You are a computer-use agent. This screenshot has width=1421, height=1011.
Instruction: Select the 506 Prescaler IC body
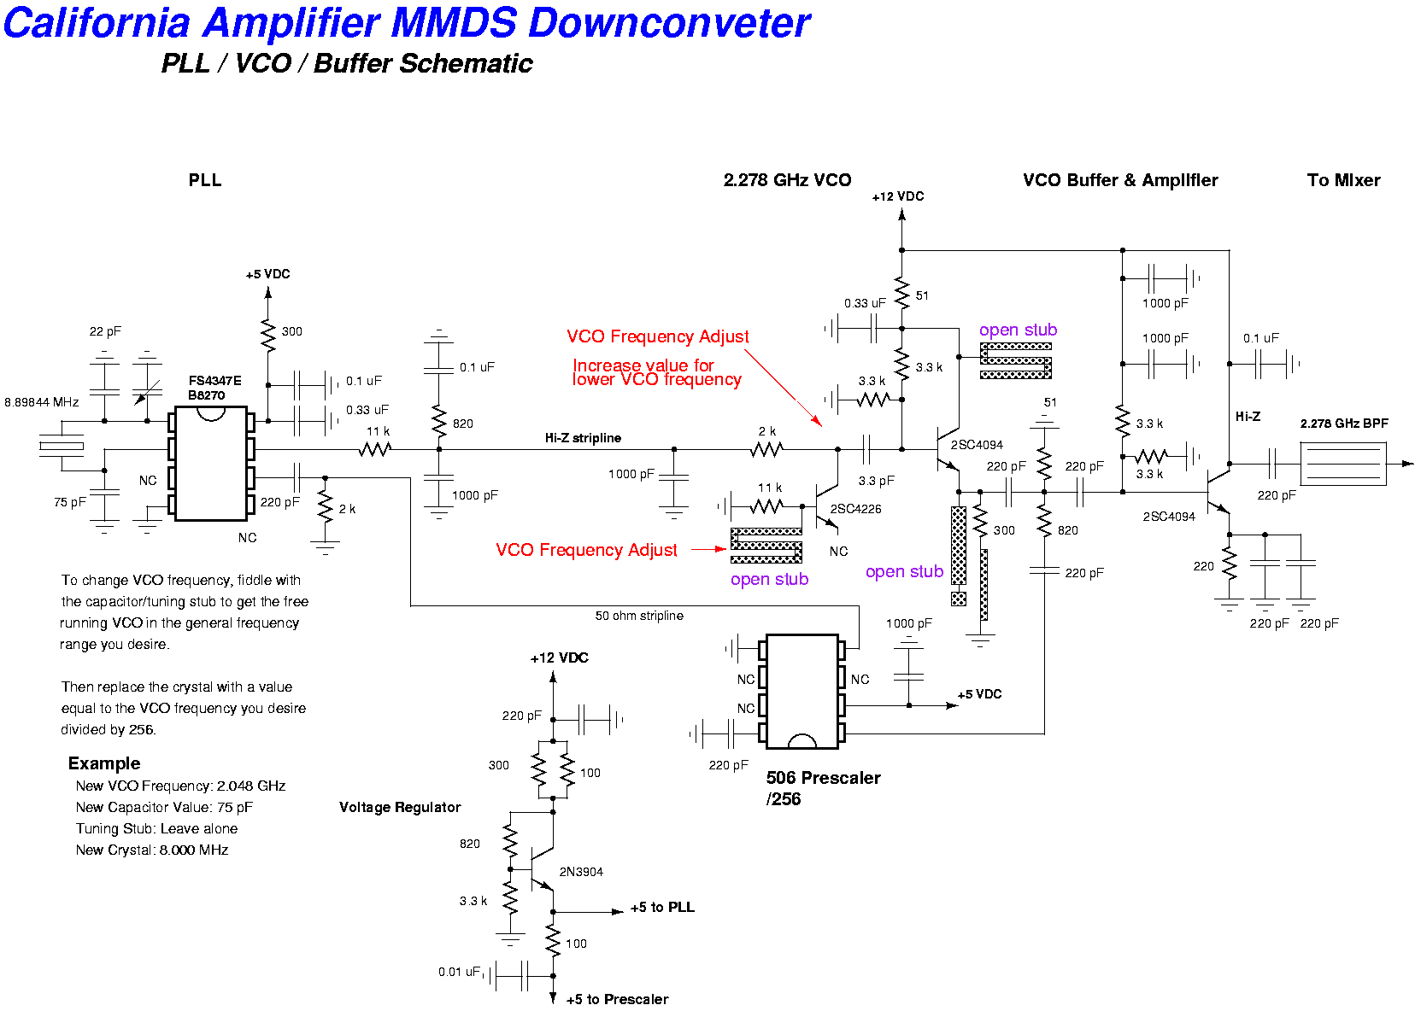tap(802, 691)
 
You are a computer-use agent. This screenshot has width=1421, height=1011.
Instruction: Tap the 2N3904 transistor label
tap(581, 872)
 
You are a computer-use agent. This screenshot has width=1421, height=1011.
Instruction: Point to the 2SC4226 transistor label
tap(855, 509)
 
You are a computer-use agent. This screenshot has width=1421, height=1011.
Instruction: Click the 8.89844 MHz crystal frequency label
tap(42, 402)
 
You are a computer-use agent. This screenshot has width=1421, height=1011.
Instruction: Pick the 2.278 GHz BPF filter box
tap(1342, 464)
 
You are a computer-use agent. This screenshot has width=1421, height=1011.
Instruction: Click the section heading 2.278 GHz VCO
tap(787, 180)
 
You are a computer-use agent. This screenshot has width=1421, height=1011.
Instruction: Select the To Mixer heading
tap(1343, 180)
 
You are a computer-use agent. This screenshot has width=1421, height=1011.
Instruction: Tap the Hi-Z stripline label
tap(583, 438)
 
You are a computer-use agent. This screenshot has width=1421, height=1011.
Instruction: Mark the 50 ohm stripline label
tap(639, 616)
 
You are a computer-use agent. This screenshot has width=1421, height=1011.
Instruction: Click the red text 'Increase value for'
tap(643, 365)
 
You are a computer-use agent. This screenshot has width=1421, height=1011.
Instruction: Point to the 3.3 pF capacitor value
tap(876, 481)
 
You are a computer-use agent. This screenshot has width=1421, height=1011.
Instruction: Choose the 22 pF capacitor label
tap(105, 331)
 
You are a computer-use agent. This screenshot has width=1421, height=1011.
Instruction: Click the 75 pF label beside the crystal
tap(69, 502)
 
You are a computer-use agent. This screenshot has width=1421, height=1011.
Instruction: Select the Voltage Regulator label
tap(400, 807)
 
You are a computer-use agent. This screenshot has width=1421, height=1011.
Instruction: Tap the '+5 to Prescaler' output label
tap(617, 999)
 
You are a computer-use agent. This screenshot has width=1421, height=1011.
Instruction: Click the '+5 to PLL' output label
tap(662, 907)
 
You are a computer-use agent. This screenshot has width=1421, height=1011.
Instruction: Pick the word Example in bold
tap(104, 763)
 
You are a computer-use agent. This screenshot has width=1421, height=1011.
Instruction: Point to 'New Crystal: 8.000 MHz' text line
tap(151, 850)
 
